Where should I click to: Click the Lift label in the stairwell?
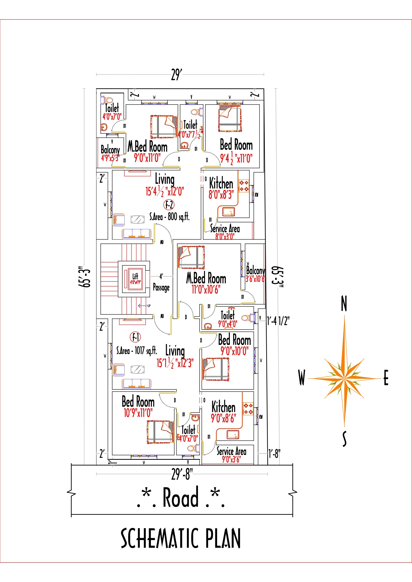(x=135, y=276)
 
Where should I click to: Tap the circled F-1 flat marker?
(x=135, y=337)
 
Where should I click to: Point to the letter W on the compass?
(x=301, y=377)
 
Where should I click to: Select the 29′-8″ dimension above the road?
(x=182, y=474)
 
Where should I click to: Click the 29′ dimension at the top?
(x=177, y=75)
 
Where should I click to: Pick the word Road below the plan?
(x=180, y=498)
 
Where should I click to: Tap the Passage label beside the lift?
(x=161, y=287)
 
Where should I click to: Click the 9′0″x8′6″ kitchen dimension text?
(x=223, y=418)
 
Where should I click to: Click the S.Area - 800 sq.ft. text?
(x=169, y=217)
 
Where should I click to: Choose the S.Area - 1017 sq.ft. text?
(x=136, y=351)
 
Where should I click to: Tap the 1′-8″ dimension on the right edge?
(x=274, y=454)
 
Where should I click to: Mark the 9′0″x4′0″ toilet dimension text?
(x=227, y=324)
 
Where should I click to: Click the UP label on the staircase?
(x=149, y=306)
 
